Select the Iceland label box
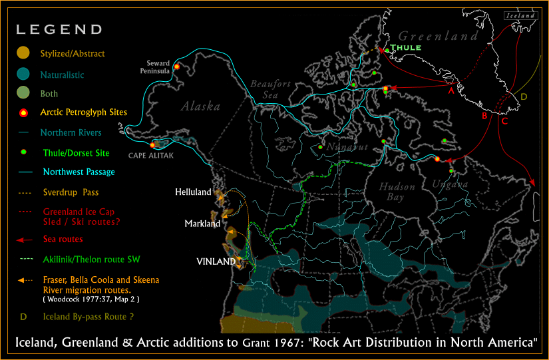[519, 15]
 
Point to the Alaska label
[200, 106]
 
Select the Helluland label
[193, 192]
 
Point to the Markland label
[202, 224]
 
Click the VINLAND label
[216, 262]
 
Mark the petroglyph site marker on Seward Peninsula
[177, 67]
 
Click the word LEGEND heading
[59, 29]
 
